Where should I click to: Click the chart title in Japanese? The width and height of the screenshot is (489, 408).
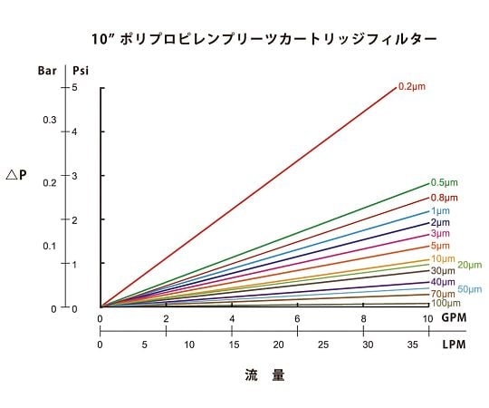264,39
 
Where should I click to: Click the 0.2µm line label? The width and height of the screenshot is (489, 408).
412,86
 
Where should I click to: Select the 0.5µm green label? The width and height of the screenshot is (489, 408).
444,182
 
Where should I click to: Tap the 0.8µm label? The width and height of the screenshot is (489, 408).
444,198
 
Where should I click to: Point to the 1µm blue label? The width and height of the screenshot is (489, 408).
440,210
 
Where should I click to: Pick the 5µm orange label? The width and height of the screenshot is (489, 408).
440,246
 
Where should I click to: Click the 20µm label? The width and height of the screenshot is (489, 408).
469,265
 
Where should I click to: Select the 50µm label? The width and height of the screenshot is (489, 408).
469,289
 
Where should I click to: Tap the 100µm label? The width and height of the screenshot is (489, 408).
445,304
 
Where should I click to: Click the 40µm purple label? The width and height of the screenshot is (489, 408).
443,283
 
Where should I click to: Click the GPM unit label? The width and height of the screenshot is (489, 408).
455,319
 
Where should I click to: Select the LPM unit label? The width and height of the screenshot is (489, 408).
455,345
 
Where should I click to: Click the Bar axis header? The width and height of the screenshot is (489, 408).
48,70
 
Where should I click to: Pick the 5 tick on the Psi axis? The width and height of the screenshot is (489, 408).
75,87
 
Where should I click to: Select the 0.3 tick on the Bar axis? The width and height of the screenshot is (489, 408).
50,121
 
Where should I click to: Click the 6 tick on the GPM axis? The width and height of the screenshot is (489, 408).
297,319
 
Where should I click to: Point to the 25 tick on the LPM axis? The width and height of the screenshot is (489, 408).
322,345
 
